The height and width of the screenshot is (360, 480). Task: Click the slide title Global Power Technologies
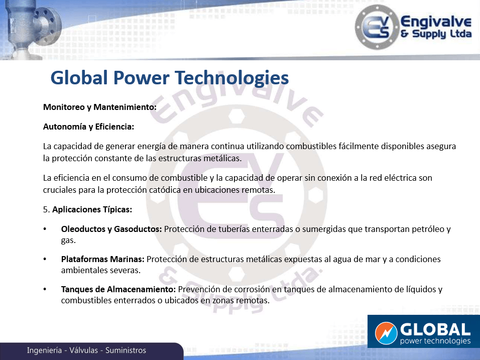click(x=170, y=78)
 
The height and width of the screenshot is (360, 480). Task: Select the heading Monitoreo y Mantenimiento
click(x=100, y=107)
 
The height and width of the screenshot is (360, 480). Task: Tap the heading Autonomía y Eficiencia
click(x=88, y=127)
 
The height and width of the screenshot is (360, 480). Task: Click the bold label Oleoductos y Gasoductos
click(x=111, y=229)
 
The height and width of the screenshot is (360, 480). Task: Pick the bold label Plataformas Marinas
click(x=102, y=259)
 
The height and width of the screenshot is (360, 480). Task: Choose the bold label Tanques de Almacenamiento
click(x=118, y=289)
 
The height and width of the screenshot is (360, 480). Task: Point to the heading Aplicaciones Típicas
click(x=92, y=209)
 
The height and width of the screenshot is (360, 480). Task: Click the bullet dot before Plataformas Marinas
click(x=45, y=259)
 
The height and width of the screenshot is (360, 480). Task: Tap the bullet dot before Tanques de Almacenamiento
click(x=45, y=289)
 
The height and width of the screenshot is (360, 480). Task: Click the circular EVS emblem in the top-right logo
click(x=377, y=27)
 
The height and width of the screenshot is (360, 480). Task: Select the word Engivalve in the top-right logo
click(x=436, y=22)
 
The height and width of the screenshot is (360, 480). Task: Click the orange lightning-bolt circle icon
click(x=386, y=333)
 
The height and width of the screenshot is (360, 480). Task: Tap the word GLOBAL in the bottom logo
click(x=435, y=330)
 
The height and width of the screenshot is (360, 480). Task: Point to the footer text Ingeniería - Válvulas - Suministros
click(x=86, y=350)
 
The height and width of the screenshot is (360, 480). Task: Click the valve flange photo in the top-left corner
click(x=31, y=30)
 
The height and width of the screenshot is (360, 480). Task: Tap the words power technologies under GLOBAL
click(x=435, y=341)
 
